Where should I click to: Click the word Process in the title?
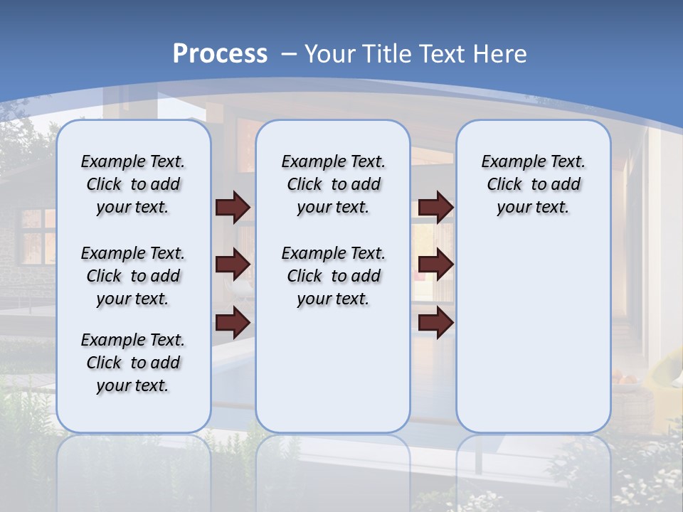pyautogui.click(x=220, y=53)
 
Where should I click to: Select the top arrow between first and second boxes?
pyautogui.click(x=233, y=207)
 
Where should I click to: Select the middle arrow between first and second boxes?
pyautogui.click(x=233, y=265)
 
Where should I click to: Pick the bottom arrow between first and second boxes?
pyautogui.click(x=233, y=323)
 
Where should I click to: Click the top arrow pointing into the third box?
pyautogui.click(x=436, y=207)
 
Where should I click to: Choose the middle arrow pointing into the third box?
pyautogui.click(x=436, y=265)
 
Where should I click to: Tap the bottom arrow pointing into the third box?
pyautogui.click(x=436, y=323)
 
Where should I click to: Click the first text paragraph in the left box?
pyautogui.click(x=133, y=184)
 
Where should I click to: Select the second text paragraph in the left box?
pyautogui.click(x=133, y=276)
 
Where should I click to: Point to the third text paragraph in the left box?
pyautogui.click(x=133, y=363)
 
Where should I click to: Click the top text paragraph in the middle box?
pyautogui.click(x=333, y=184)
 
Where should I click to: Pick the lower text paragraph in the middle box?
pyautogui.click(x=333, y=276)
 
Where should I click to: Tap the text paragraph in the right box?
pyautogui.click(x=533, y=184)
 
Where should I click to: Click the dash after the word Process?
pyautogui.click(x=289, y=54)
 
